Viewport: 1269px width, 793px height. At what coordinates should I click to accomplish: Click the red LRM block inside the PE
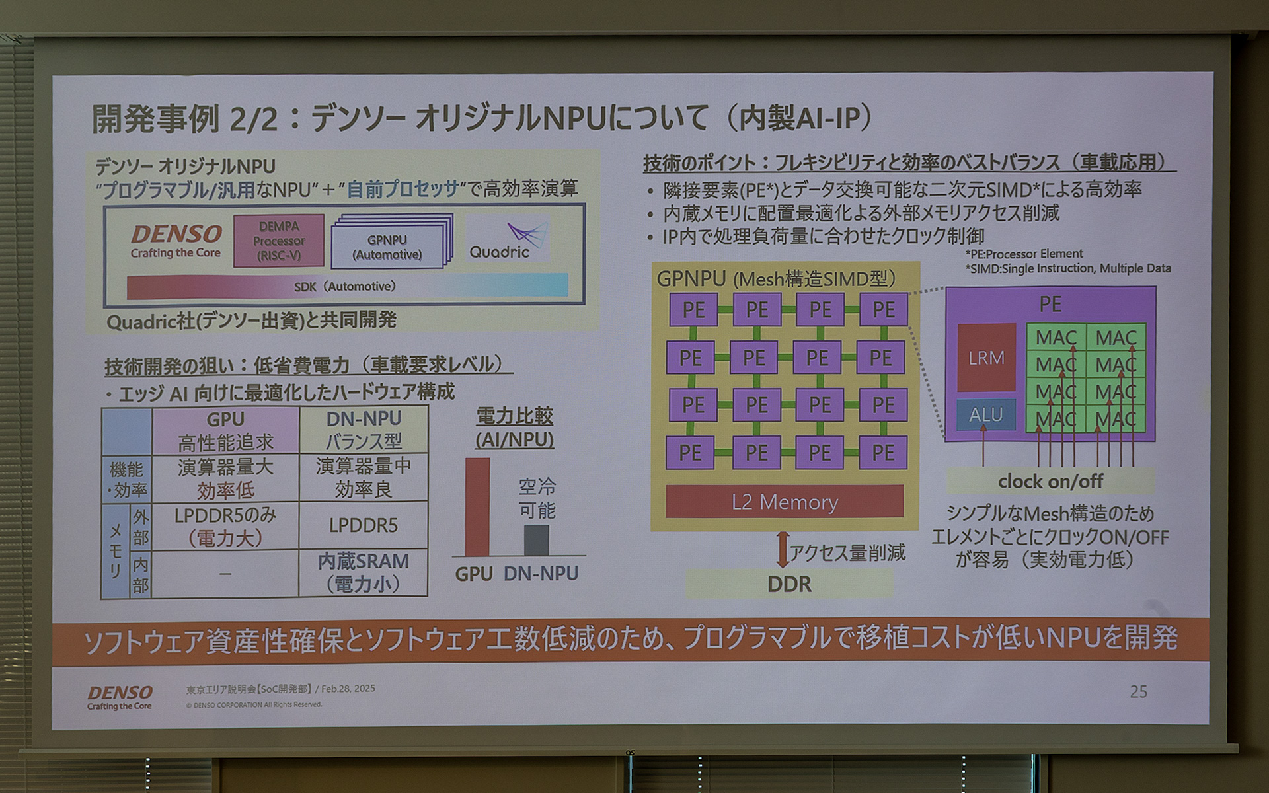986,358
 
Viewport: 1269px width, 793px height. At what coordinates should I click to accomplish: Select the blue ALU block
985,414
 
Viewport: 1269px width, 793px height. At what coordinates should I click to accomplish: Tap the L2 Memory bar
785,502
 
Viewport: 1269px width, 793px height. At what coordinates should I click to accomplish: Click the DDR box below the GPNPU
789,584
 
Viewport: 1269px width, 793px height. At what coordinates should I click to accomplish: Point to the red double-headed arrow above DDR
783,550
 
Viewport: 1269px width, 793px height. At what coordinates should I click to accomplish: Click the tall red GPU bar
477,507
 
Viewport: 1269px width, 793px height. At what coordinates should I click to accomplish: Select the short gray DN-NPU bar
536,540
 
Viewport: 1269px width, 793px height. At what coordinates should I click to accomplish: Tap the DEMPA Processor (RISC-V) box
279,241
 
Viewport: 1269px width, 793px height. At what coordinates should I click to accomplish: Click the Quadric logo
509,241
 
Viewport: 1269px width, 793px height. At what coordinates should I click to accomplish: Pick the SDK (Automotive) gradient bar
347,286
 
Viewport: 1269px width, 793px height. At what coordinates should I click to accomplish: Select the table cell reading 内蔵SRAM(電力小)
364,572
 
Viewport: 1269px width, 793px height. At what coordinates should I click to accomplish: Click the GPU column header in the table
225,430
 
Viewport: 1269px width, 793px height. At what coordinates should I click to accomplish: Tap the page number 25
1138,691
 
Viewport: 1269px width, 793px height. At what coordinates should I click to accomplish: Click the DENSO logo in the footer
120,697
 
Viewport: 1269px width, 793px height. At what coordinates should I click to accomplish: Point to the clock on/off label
1050,482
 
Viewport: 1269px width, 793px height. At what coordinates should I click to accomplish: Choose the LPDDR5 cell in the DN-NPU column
364,525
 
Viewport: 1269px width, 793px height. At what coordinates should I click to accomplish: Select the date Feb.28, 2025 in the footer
348,689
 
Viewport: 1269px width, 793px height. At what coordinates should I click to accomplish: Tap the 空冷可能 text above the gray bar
537,498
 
